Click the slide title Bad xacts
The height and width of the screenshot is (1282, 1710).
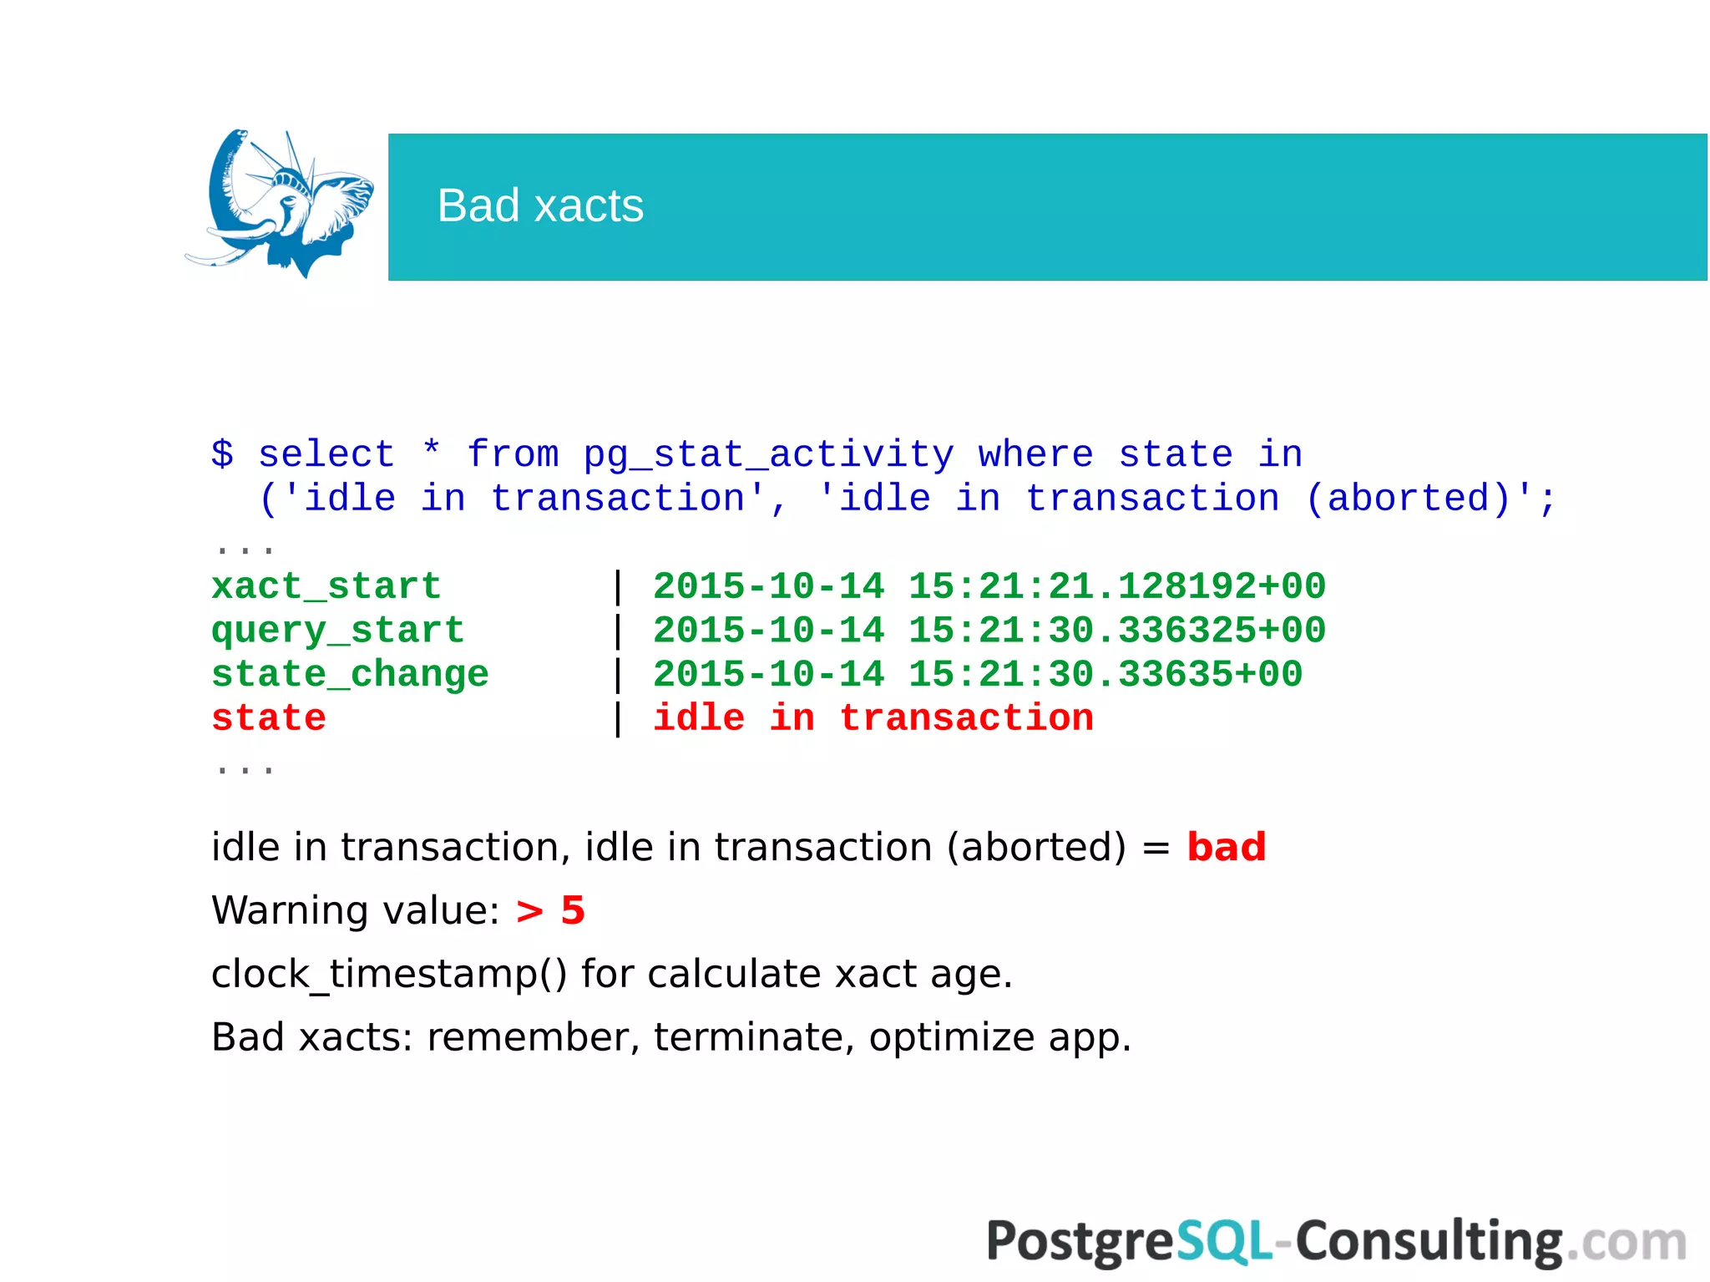[x=540, y=205]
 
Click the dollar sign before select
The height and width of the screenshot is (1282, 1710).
[x=222, y=454]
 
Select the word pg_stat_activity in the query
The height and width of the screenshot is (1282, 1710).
[x=768, y=454]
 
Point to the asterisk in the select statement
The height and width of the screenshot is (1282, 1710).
[x=431, y=451]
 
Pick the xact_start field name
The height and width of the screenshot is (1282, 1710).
[x=326, y=586]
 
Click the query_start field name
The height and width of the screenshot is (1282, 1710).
[x=337, y=631]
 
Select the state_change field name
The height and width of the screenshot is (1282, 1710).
[x=349, y=674]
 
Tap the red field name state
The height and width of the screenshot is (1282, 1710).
[x=268, y=718]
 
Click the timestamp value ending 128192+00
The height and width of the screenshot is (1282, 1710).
[x=989, y=586]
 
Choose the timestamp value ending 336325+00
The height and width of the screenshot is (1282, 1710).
[x=989, y=631]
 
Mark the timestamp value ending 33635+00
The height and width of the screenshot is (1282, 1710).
[x=977, y=674]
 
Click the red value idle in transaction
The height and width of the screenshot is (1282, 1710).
[x=873, y=718]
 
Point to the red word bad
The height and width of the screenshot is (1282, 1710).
[x=1226, y=847]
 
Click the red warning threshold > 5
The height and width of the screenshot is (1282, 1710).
[x=550, y=910]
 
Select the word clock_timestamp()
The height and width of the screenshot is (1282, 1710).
[x=389, y=974]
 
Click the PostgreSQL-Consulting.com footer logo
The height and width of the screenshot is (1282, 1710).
[x=1336, y=1241]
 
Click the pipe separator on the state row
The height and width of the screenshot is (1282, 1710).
[x=618, y=718]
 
